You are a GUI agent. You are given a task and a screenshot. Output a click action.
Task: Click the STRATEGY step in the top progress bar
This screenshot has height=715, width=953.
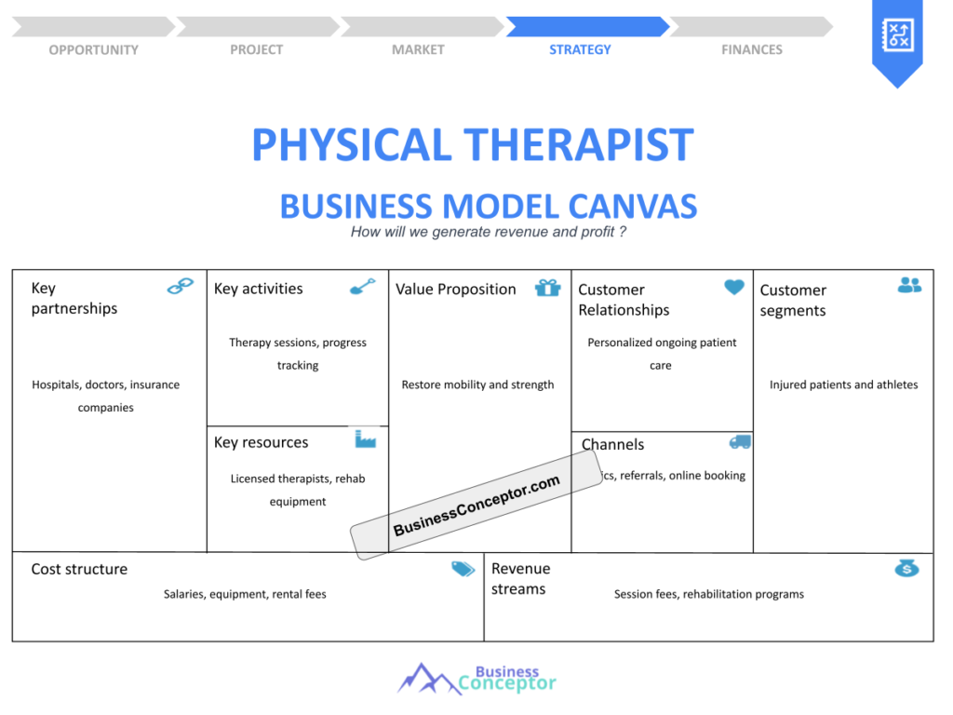(580, 49)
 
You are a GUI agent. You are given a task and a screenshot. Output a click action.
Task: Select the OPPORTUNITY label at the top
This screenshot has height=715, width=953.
(93, 49)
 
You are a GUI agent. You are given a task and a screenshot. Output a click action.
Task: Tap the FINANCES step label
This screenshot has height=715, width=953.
(752, 49)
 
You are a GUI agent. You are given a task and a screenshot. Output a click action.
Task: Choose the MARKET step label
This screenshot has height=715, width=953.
(418, 49)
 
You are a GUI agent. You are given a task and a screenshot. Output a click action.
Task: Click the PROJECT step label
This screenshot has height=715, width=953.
(256, 49)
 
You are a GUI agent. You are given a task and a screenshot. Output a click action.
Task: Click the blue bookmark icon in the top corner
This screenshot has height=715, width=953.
(897, 39)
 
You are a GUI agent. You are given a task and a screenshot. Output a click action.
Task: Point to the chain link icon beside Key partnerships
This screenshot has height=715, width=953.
(180, 287)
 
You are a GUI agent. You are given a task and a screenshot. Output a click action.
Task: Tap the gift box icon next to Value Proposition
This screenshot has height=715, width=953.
(547, 288)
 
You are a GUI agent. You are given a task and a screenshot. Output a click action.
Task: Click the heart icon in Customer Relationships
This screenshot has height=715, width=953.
(734, 288)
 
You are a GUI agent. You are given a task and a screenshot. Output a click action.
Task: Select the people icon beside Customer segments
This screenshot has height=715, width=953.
(909, 285)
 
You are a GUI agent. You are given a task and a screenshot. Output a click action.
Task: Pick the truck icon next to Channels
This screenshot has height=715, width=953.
(740, 442)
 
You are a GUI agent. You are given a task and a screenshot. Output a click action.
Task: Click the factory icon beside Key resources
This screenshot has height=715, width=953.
(365, 438)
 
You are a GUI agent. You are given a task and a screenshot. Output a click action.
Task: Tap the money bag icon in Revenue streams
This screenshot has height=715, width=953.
(906, 568)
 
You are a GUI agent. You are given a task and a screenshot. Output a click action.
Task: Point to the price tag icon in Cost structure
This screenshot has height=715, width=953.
(463, 569)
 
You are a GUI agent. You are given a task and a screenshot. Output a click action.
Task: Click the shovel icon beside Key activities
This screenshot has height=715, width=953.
(362, 286)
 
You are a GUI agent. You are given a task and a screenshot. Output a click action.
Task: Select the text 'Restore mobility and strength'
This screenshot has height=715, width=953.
(477, 384)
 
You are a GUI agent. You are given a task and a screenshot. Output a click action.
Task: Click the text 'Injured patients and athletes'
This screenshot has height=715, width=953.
(843, 384)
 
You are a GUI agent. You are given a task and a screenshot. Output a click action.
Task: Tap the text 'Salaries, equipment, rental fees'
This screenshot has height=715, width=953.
(245, 594)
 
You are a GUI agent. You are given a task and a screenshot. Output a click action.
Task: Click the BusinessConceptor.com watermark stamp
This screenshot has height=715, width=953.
(476, 506)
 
